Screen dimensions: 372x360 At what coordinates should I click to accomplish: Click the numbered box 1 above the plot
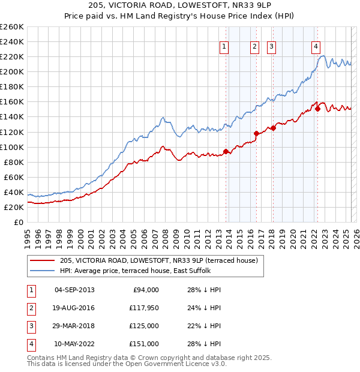(224, 46)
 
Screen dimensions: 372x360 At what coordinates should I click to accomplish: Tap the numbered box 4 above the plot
(316, 46)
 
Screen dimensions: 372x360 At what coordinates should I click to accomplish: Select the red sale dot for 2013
(226, 151)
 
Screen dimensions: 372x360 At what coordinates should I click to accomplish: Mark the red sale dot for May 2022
(317, 109)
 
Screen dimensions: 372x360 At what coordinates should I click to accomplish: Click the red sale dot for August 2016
(257, 133)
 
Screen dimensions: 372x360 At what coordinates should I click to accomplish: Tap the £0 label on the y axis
(18, 222)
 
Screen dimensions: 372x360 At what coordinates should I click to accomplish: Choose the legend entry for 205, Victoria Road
(158, 260)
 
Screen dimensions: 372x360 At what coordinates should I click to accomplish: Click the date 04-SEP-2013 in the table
(74, 290)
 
